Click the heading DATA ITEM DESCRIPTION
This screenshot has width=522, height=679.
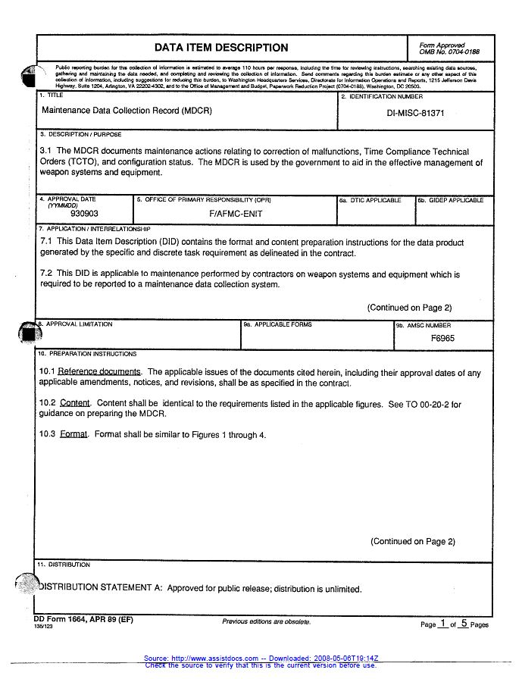click(x=221, y=48)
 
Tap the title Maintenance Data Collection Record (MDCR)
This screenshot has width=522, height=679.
click(x=127, y=111)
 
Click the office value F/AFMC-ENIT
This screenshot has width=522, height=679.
click(x=236, y=214)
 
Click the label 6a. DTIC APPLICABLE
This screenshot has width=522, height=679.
click(x=370, y=201)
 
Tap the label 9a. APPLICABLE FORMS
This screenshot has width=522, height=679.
click(x=277, y=324)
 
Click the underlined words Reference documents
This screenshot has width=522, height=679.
click(x=99, y=372)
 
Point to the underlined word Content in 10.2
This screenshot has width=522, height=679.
click(x=75, y=404)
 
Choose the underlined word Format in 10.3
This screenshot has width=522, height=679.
click(x=74, y=435)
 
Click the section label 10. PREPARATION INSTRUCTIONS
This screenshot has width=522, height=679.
click(x=87, y=354)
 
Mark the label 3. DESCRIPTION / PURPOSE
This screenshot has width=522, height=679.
click(x=80, y=134)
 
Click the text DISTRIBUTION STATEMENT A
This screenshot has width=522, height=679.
click(x=100, y=588)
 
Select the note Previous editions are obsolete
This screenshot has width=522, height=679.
click(x=266, y=621)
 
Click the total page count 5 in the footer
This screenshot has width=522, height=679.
click(x=463, y=623)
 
